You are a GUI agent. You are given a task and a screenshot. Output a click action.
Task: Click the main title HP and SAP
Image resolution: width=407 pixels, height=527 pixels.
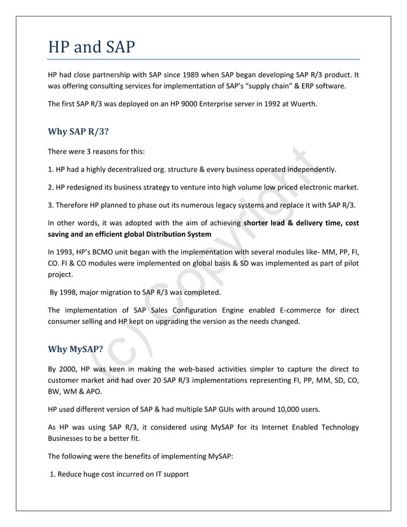92,47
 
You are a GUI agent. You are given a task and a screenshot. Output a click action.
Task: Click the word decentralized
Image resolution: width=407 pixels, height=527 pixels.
125,170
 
